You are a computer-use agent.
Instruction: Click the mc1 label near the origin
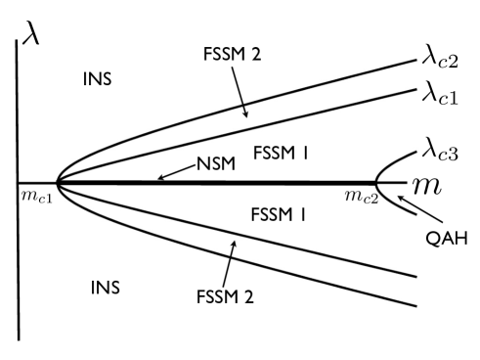[38, 195]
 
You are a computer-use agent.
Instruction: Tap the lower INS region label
[106, 287]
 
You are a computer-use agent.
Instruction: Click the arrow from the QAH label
[402, 210]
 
